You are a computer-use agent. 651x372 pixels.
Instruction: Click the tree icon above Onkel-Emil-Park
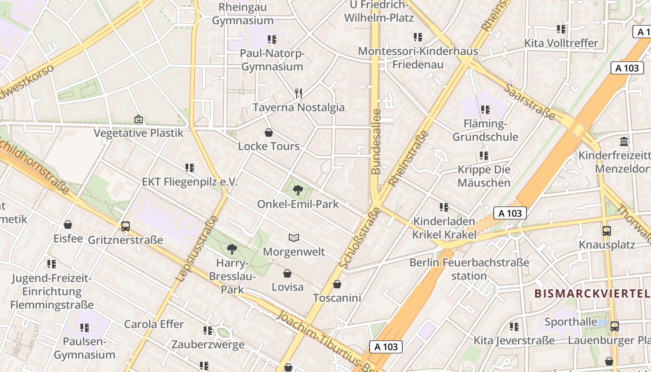(298, 190)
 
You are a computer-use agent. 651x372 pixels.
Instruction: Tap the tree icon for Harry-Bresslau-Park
(232, 249)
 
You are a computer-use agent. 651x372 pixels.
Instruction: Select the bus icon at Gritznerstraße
(126, 226)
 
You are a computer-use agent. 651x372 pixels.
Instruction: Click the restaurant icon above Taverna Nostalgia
(299, 93)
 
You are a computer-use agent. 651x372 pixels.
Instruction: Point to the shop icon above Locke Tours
(269, 133)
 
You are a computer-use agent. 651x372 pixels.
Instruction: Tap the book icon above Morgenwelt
(293, 238)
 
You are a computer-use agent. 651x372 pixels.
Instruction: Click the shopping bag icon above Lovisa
(287, 273)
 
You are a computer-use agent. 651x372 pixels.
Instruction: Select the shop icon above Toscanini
(337, 284)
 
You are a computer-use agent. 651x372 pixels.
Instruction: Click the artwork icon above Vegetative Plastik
(138, 120)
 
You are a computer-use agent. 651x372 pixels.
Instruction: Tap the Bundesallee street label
(376, 141)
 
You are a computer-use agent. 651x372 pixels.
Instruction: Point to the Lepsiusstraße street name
(197, 248)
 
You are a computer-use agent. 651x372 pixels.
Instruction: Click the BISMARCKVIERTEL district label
(592, 294)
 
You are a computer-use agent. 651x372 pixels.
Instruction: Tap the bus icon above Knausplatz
(606, 231)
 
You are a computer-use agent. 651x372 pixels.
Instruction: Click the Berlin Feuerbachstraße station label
(469, 269)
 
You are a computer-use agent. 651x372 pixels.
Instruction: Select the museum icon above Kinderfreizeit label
(624, 141)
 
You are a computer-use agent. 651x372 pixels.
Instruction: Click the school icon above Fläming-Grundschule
(485, 110)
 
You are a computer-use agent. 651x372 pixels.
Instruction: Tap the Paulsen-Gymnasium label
(85, 348)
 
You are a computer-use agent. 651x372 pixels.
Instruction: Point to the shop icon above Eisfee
(68, 225)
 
